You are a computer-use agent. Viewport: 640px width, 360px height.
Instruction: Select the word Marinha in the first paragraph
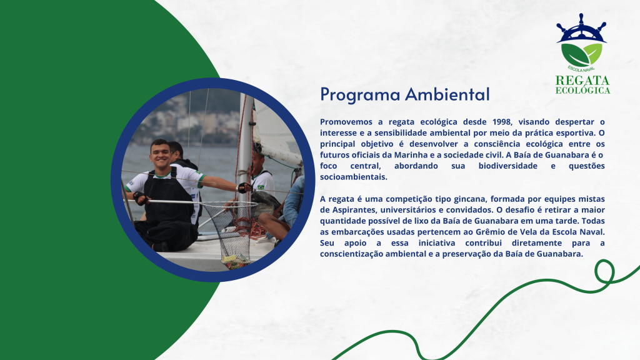(408, 155)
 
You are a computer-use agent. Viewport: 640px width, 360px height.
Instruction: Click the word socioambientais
(354, 177)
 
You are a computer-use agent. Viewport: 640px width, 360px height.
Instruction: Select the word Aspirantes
(354, 210)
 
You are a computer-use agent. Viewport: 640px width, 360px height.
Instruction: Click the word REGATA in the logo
(582, 80)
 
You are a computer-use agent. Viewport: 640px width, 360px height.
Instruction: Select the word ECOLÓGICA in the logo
(582, 90)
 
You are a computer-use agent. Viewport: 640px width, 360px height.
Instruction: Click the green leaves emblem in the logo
(581, 55)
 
